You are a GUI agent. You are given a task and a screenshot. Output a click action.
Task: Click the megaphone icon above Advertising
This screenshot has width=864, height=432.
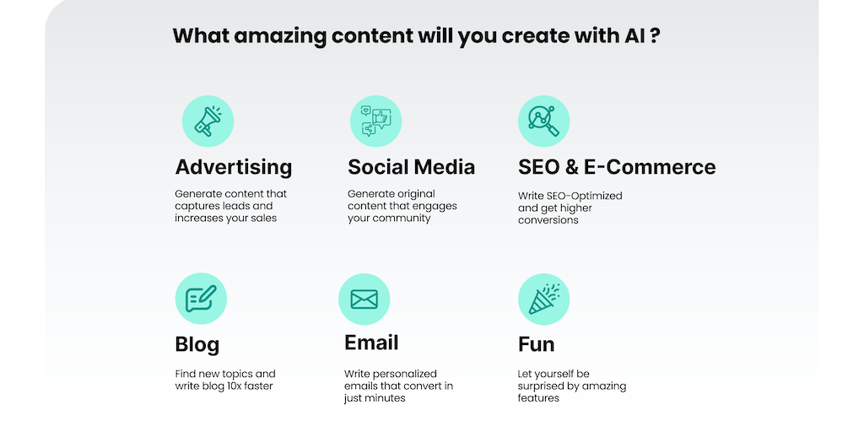(208, 121)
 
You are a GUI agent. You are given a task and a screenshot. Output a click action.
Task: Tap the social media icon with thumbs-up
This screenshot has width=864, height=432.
(375, 121)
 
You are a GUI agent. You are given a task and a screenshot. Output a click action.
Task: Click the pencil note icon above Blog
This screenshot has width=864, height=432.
(201, 299)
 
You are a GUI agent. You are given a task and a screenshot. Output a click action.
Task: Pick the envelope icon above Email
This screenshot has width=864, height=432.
(364, 300)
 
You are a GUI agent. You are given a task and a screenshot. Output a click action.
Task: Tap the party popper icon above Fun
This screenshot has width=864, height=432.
(543, 300)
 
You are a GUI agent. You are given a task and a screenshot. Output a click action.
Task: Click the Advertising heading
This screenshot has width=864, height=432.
(234, 167)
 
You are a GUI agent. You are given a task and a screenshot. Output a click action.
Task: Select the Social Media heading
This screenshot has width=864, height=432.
(411, 167)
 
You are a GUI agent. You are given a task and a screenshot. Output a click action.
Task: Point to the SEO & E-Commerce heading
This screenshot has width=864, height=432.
(617, 167)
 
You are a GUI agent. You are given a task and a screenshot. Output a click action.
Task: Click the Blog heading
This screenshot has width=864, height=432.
(197, 345)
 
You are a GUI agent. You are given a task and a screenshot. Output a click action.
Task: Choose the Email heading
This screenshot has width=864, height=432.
(371, 343)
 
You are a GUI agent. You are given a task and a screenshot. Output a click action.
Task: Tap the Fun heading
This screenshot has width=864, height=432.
(536, 344)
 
